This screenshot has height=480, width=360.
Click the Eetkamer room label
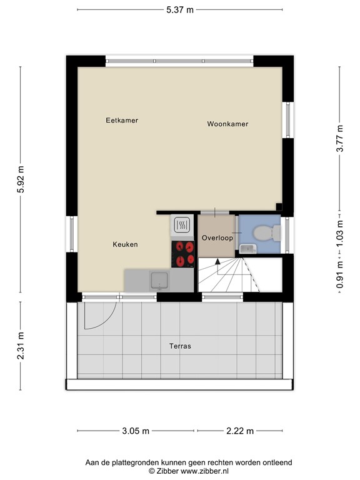pos(122,121)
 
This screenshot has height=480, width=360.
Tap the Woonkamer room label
pos(227,124)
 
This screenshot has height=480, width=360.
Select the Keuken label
pos(125,244)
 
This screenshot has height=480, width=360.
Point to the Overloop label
pos(217,238)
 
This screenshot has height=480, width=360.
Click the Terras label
pos(179,346)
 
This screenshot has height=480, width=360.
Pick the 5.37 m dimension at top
pos(181,9)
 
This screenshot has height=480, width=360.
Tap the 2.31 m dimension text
pos(21,346)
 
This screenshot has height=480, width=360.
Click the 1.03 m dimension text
pos(339,231)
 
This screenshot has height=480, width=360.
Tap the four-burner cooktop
pos(184,254)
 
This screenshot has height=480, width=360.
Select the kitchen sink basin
pos(161,281)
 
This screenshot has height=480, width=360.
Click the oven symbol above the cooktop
pos(182,224)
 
